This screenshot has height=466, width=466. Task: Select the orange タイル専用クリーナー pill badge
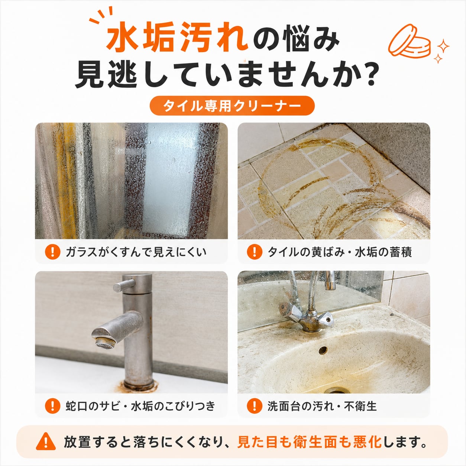click(232, 106)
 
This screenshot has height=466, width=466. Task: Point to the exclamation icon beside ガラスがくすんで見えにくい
click(52, 252)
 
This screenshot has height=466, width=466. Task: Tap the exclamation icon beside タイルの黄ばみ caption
click(255, 252)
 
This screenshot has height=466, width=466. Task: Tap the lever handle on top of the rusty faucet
click(124, 285)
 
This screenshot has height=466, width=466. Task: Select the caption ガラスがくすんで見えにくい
click(136, 252)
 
